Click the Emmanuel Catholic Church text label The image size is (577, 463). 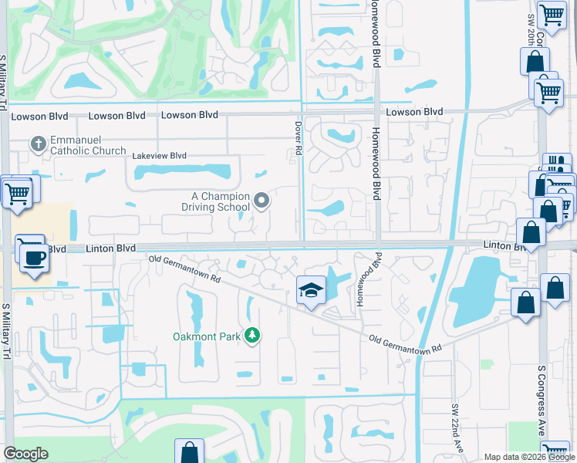click(x=88, y=145)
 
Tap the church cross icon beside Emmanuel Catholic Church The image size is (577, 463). click(x=37, y=143)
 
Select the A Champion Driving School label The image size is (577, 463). click(x=215, y=201)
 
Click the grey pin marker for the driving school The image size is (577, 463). click(x=262, y=201)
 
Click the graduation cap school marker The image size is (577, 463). click(x=310, y=291)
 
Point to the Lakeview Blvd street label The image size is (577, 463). click(x=160, y=155)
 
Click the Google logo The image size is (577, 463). click(x=26, y=454)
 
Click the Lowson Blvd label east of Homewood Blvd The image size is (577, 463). click(x=414, y=112)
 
